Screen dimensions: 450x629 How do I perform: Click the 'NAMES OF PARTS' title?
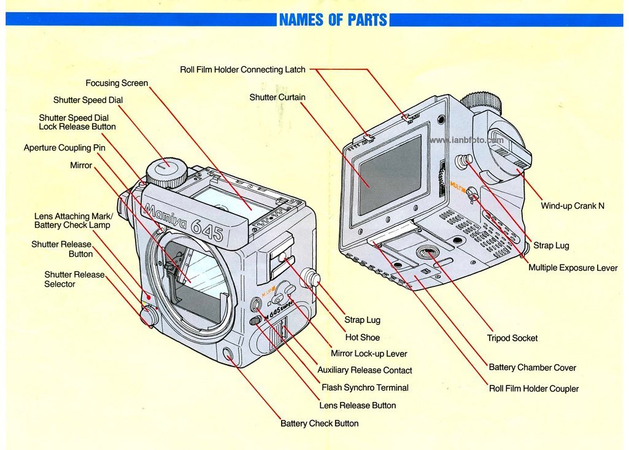[333, 20]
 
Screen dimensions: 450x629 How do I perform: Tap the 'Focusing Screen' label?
[117, 83]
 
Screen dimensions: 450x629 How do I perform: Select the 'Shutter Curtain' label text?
[277, 97]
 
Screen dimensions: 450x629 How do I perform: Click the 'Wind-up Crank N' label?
[572, 206]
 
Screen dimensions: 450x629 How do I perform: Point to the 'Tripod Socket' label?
[512, 338]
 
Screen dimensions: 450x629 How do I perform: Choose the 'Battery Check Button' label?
[319, 424]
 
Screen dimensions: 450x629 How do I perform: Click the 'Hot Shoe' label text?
[362, 337]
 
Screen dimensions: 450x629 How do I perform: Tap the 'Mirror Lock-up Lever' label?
[369, 354]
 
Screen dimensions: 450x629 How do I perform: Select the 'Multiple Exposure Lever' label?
[573, 268]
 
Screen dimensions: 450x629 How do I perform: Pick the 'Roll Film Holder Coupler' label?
[533, 389]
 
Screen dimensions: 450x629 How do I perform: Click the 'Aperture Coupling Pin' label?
[64, 148]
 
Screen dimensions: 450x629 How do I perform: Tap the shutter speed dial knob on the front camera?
[166, 173]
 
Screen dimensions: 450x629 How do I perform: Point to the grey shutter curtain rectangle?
[390, 176]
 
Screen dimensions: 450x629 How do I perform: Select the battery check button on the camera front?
[229, 354]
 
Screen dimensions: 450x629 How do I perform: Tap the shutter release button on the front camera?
[148, 317]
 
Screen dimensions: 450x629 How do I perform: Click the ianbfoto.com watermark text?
[466, 140]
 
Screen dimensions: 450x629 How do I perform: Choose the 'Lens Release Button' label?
[357, 405]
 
